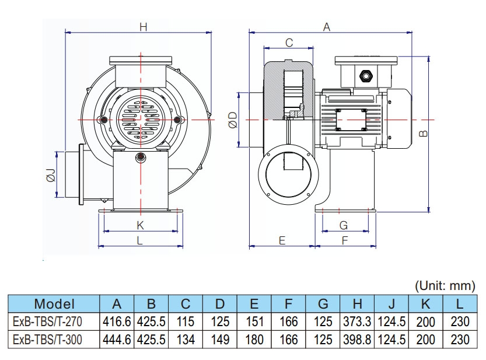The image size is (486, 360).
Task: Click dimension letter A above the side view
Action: coord(327,27)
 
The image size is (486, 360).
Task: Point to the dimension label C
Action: coord(288,42)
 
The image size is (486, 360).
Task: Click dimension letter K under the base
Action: coord(140,225)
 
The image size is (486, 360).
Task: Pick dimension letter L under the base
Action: coord(140,240)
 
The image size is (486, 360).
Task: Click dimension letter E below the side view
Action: coord(281,240)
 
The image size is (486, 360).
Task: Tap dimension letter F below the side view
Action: coord(344,240)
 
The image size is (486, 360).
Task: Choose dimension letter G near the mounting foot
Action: coord(344,225)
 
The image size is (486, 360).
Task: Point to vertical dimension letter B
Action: coord(424,133)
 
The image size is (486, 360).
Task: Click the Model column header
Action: coord(54,303)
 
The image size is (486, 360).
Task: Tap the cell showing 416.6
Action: coord(117,321)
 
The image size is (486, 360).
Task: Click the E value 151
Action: coord(254,321)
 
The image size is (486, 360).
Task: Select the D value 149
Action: coord(220,339)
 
